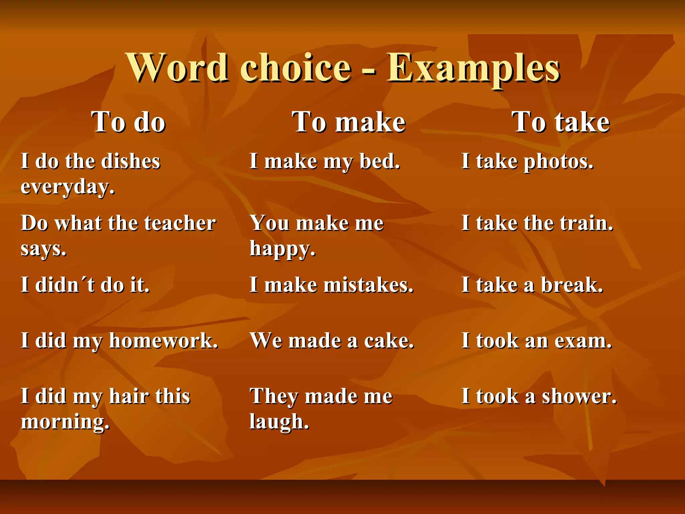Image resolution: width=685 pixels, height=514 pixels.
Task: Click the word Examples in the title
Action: [473, 69]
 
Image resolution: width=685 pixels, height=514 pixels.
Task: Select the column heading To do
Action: [128, 122]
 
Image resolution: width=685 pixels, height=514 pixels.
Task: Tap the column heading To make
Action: [349, 122]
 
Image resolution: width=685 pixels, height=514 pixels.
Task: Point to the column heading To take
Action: [561, 122]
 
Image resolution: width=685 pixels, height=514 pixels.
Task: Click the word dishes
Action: [130, 161]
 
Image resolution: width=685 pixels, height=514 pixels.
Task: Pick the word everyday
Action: [68, 187]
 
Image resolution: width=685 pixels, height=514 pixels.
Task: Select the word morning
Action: [65, 422]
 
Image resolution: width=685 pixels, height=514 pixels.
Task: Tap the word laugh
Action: [279, 422]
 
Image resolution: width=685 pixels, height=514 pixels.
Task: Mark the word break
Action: [572, 285]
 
